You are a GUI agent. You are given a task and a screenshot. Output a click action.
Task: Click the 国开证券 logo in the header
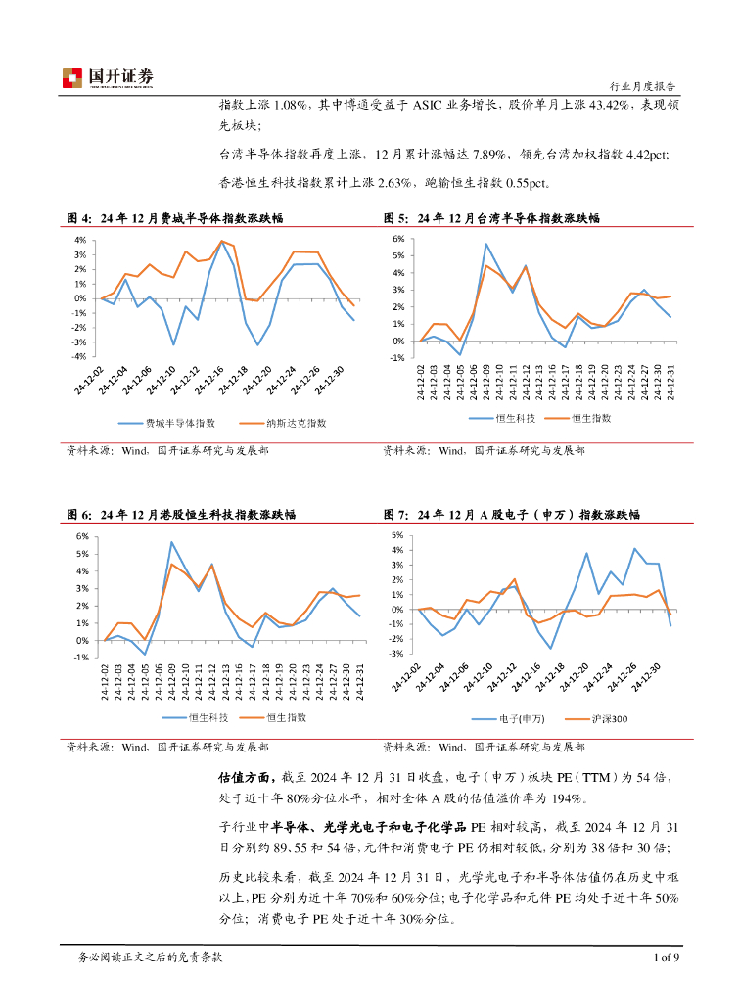pyautogui.click(x=108, y=77)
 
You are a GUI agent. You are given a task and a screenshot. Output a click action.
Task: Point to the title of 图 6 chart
pyautogui.click(x=181, y=514)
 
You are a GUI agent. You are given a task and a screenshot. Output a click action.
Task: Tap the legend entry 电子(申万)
pyautogui.click(x=519, y=718)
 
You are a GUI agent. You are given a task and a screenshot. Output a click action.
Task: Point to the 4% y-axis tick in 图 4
pyautogui.click(x=81, y=240)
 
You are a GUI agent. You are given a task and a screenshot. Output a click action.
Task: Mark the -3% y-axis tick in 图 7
pyautogui.click(x=397, y=653)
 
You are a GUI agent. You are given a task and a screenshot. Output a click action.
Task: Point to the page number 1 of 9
pyautogui.click(x=666, y=957)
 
